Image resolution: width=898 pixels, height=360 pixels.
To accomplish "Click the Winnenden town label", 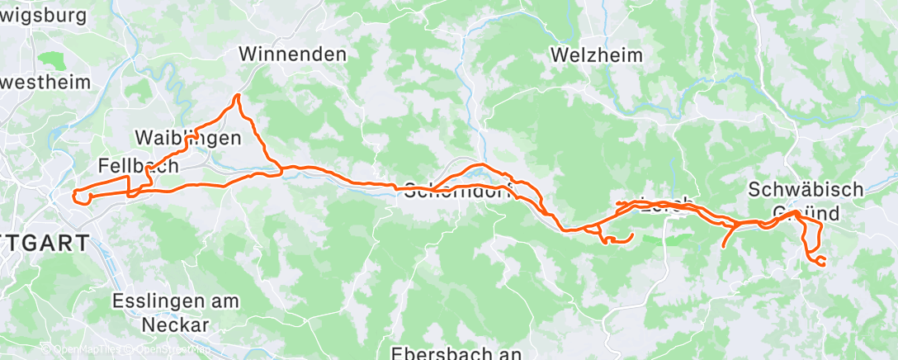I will (292, 54).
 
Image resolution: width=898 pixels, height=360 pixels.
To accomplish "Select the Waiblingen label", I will (187, 138).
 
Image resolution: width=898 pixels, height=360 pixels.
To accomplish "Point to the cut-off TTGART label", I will (45, 244).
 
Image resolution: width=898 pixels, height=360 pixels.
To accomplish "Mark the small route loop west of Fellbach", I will (81, 197).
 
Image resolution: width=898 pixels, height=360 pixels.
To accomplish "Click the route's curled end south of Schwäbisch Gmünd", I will (820, 261).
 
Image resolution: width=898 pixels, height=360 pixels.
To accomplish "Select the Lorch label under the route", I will (663, 206).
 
